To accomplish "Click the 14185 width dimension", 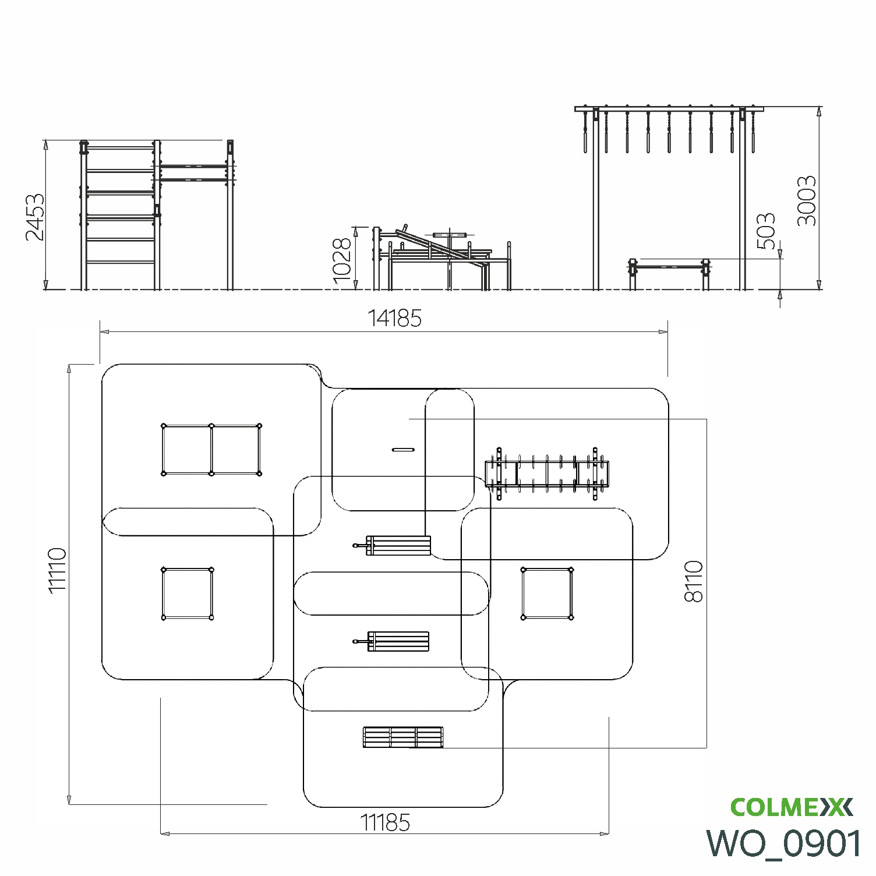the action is point(394,319).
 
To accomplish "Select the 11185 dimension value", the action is point(385,822).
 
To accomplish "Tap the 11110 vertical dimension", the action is point(58,570).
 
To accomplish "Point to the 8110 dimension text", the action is point(694,581).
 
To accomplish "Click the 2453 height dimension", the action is point(35,216).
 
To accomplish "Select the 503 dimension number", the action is point(767,231).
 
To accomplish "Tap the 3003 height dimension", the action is point(807,201).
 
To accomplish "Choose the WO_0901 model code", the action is point(784,843).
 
